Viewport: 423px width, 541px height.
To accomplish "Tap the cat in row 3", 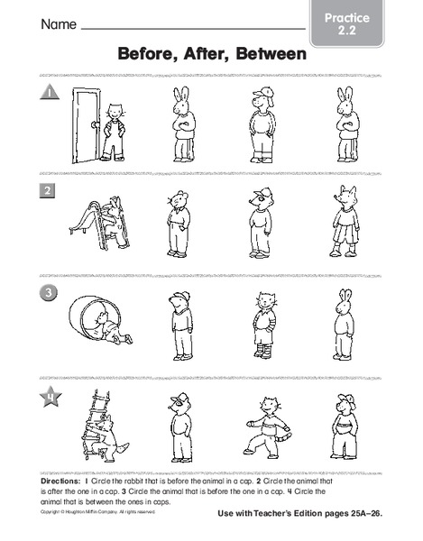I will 262,325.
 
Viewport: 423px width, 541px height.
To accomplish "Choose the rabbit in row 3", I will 344,325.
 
